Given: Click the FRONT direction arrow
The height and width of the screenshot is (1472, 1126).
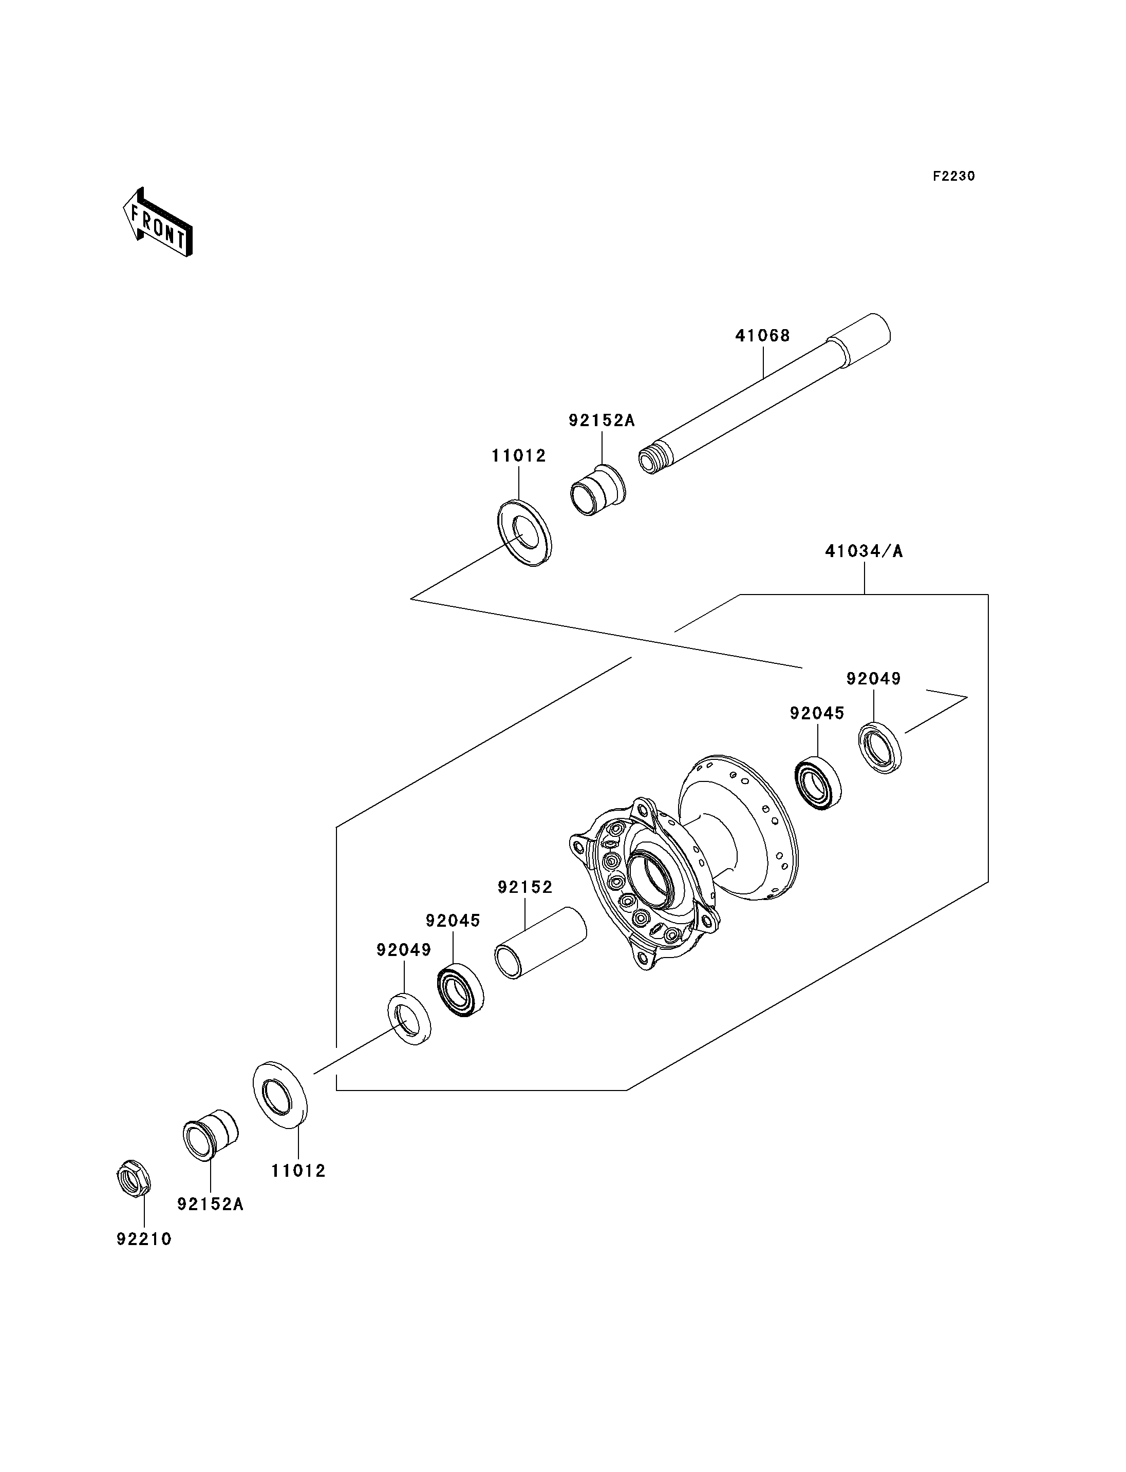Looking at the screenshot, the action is pos(158,222).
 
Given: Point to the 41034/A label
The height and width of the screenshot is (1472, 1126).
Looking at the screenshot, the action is pos(864,551).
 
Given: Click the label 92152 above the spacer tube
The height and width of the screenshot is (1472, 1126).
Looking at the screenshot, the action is pos(525,887).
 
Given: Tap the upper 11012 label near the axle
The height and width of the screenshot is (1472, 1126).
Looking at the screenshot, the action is pos(519,455).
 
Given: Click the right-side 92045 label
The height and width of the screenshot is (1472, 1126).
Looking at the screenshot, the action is pos(817,714).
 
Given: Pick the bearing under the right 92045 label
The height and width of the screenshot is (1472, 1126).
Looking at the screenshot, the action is pos(818,783).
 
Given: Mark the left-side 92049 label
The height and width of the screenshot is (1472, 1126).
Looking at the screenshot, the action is pos(403,949).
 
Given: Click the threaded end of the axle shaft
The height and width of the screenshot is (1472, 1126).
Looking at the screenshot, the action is pos(651,459).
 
